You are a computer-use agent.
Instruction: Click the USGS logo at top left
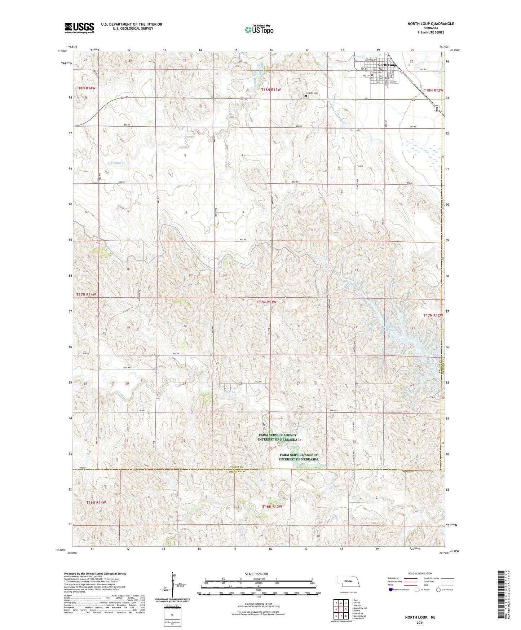79,27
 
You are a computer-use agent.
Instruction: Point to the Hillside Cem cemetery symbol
306,96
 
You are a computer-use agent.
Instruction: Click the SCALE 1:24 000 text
256,574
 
